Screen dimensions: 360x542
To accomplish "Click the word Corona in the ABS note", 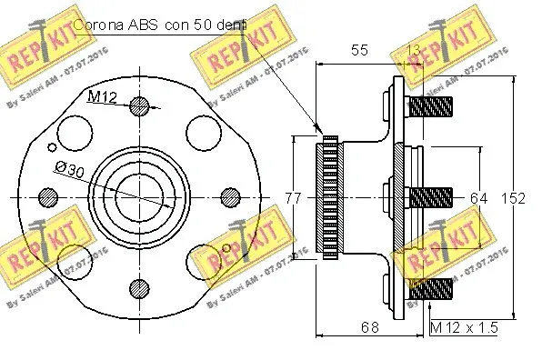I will [x=97, y=25].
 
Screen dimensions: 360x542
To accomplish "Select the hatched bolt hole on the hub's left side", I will [x=47, y=197].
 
